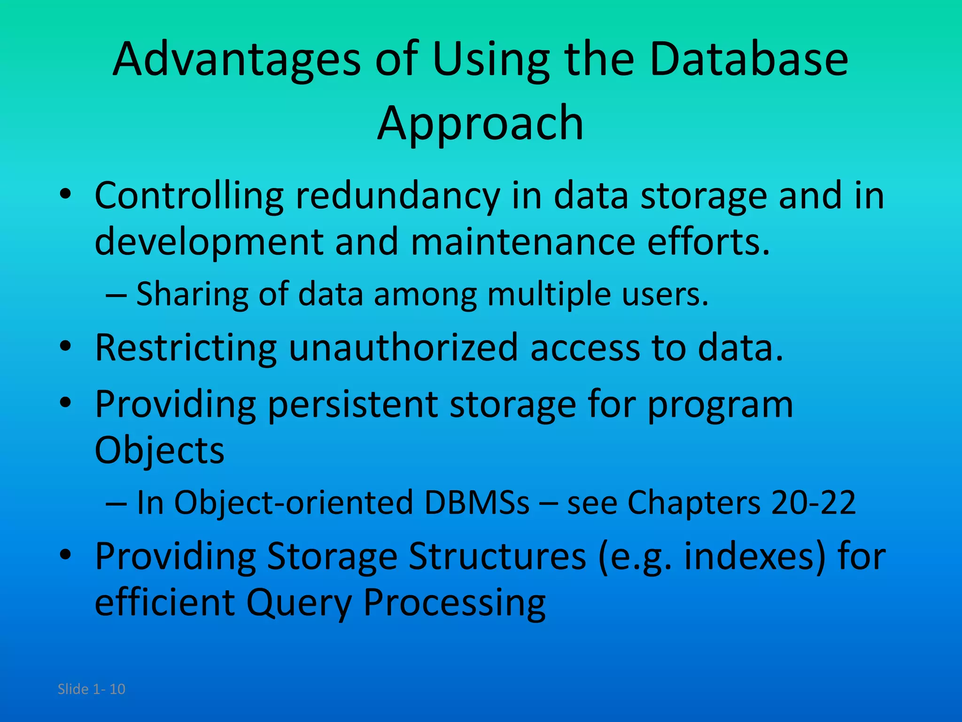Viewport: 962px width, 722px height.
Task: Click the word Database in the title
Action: (749, 60)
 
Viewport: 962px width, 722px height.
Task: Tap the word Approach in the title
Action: (480, 123)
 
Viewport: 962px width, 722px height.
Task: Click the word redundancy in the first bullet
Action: (397, 196)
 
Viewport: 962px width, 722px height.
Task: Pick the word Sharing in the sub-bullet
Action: (192, 294)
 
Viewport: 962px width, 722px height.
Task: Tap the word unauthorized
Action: (403, 347)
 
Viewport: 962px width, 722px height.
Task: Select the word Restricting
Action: (186, 348)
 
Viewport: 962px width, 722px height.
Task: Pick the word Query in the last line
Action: (299, 603)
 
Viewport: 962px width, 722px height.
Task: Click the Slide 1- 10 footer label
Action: (92, 689)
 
